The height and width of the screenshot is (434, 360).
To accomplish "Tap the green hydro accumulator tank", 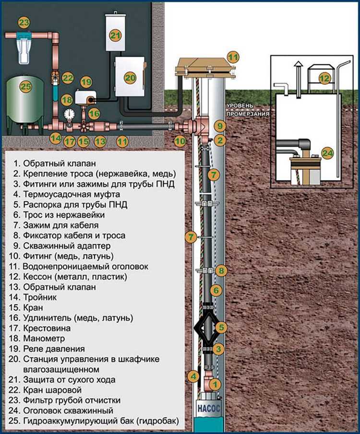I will [x=25, y=102].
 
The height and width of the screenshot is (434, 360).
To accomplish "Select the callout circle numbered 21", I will [x=116, y=35].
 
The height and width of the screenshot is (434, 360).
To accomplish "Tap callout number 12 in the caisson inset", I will [x=325, y=77].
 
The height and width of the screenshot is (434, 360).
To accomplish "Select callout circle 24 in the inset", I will [x=327, y=153].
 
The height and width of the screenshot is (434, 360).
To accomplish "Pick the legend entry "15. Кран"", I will [x=34, y=307].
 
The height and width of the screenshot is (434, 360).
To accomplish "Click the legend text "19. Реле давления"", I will [x=54, y=349].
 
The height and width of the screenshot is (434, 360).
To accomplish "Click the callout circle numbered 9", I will [x=219, y=126].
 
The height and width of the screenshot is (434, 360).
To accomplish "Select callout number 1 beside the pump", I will [x=216, y=384].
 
